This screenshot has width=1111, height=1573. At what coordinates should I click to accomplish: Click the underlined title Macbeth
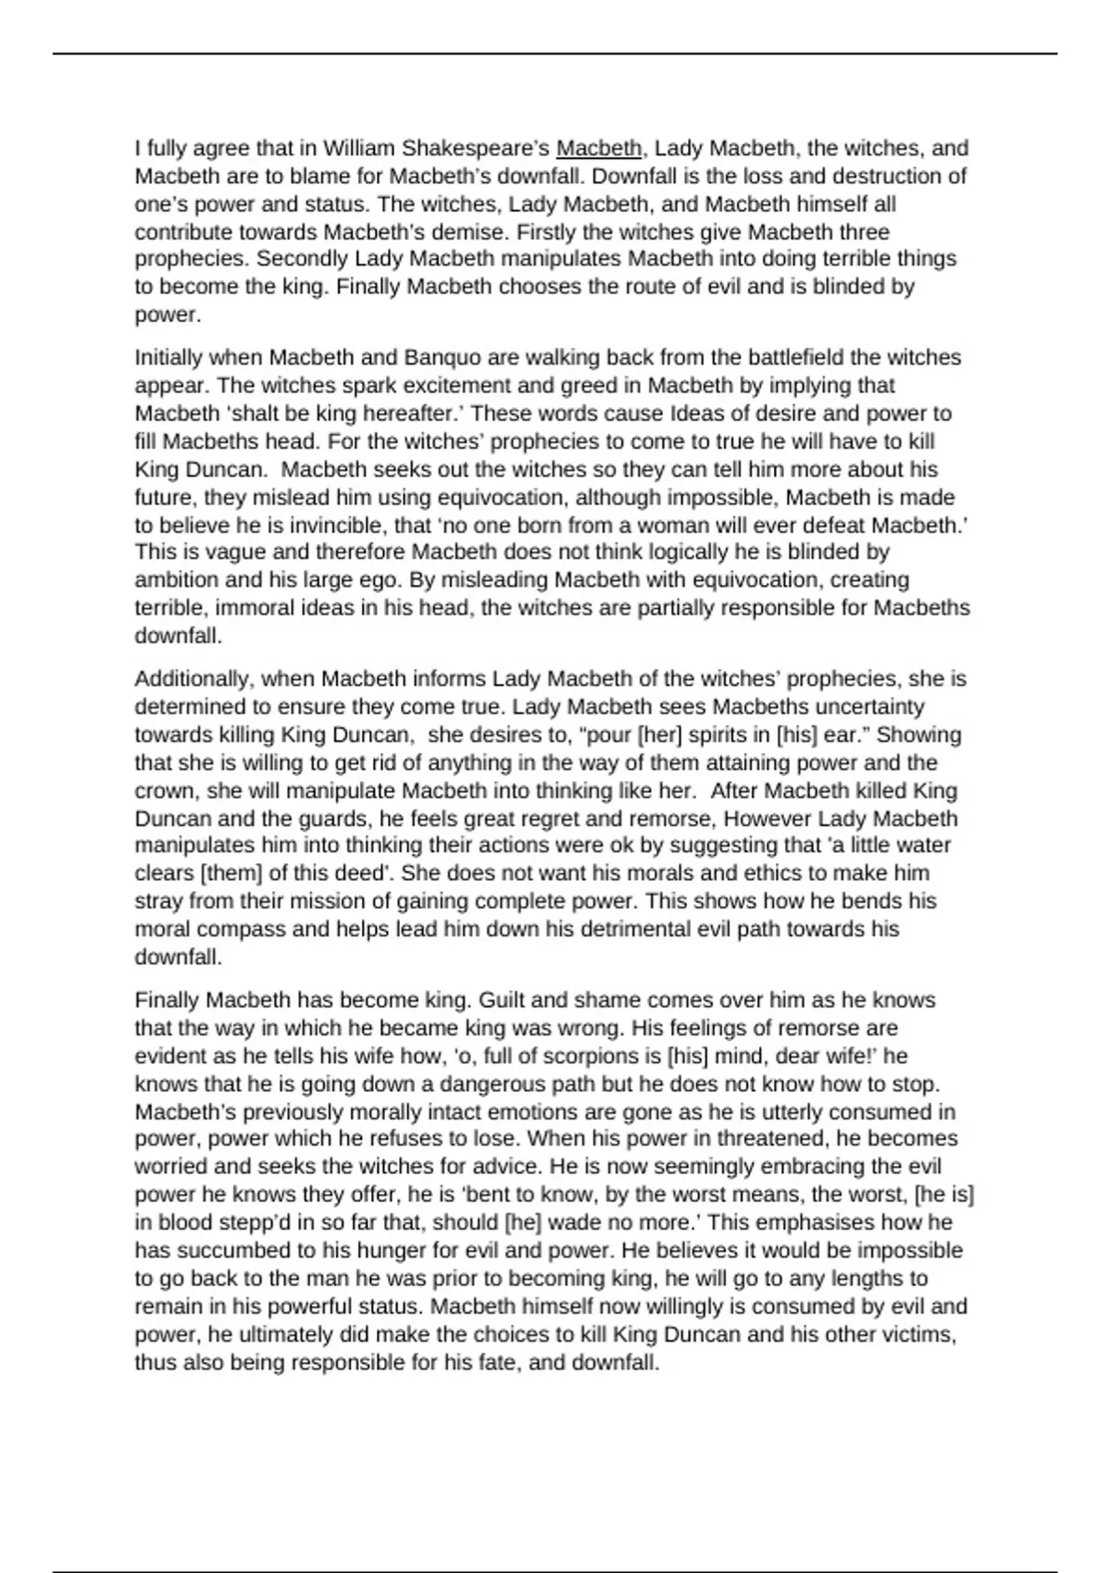click(598, 148)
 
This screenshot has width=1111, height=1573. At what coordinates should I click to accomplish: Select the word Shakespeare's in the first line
click(481, 148)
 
